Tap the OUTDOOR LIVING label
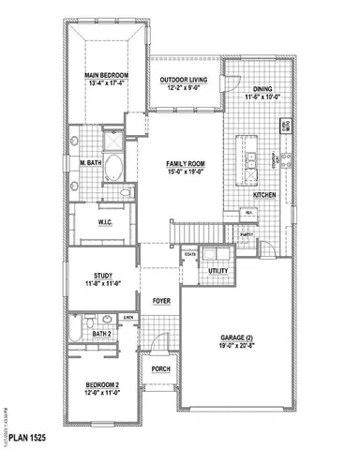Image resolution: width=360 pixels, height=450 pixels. click(183, 81)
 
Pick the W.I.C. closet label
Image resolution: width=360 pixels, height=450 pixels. click(105, 222)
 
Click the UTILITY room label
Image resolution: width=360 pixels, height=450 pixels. click(218, 271)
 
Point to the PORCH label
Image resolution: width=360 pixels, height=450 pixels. click(160, 369)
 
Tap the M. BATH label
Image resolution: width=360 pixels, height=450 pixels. click(90, 163)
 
